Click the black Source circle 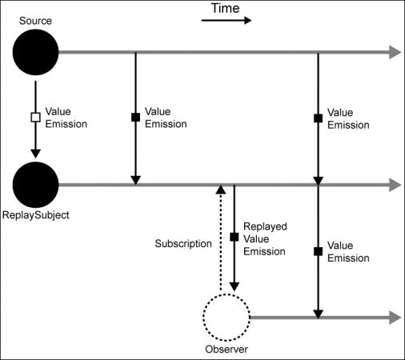pyautogui.click(x=35, y=52)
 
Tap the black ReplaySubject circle pyautogui.click(x=35, y=185)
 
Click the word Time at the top pyautogui.click(x=226, y=8)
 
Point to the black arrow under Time pyautogui.click(x=227, y=20)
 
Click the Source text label pyautogui.click(x=35, y=21)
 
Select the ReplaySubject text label pyautogui.click(x=35, y=215)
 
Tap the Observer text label pyautogui.click(x=227, y=350)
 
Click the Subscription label pyautogui.click(x=183, y=244)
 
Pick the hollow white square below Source pyautogui.click(x=35, y=118)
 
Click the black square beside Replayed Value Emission pyautogui.click(x=235, y=237)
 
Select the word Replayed pyautogui.click(x=265, y=226)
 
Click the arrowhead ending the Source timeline pyautogui.click(x=395, y=52)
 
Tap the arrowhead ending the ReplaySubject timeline pyautogui.click(x=395, y=185)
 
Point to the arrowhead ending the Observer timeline pyautogui.click(x=395, y=318)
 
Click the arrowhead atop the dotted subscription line pyautogui.click(x=221, y=190)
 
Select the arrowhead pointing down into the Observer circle pyautogui.click(x=235, y=287)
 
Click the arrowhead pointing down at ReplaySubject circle pyautogui.click(x=35, y=154)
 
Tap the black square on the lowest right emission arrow pyautogui.click(x=318, y=251)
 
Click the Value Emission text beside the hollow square pyautogui.click(x=66, y=118)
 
